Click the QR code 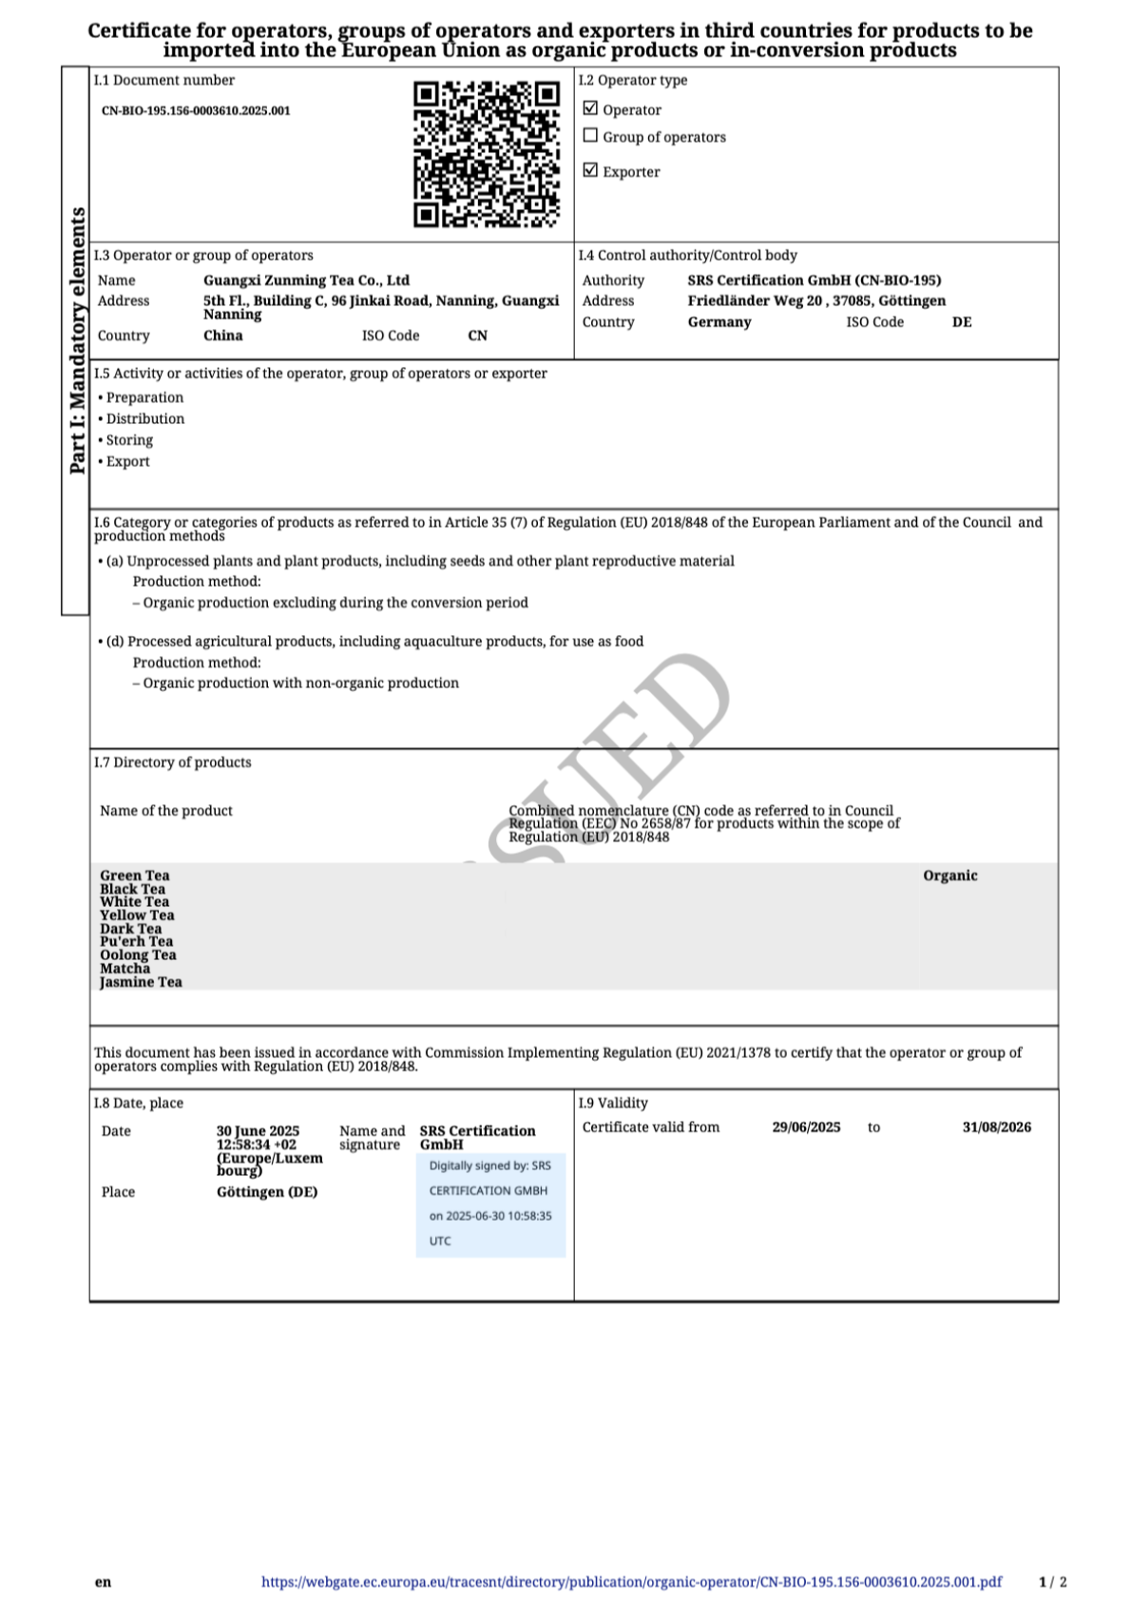486,155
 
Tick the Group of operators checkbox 590,136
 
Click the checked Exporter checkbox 590,170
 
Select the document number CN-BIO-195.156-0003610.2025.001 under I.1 196,110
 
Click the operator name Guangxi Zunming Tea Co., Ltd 306,280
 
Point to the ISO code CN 477,336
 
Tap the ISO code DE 962,322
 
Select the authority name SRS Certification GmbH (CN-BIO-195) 814,280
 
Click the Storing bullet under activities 129,440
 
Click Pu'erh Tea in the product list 136,941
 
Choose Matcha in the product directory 125,968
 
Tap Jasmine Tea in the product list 141,982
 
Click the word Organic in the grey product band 949,876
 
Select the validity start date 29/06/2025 806,1127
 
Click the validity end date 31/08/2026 996,1127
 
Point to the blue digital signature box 490,1204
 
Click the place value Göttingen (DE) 267,1192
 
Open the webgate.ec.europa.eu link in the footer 631,1582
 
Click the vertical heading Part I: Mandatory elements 77,340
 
